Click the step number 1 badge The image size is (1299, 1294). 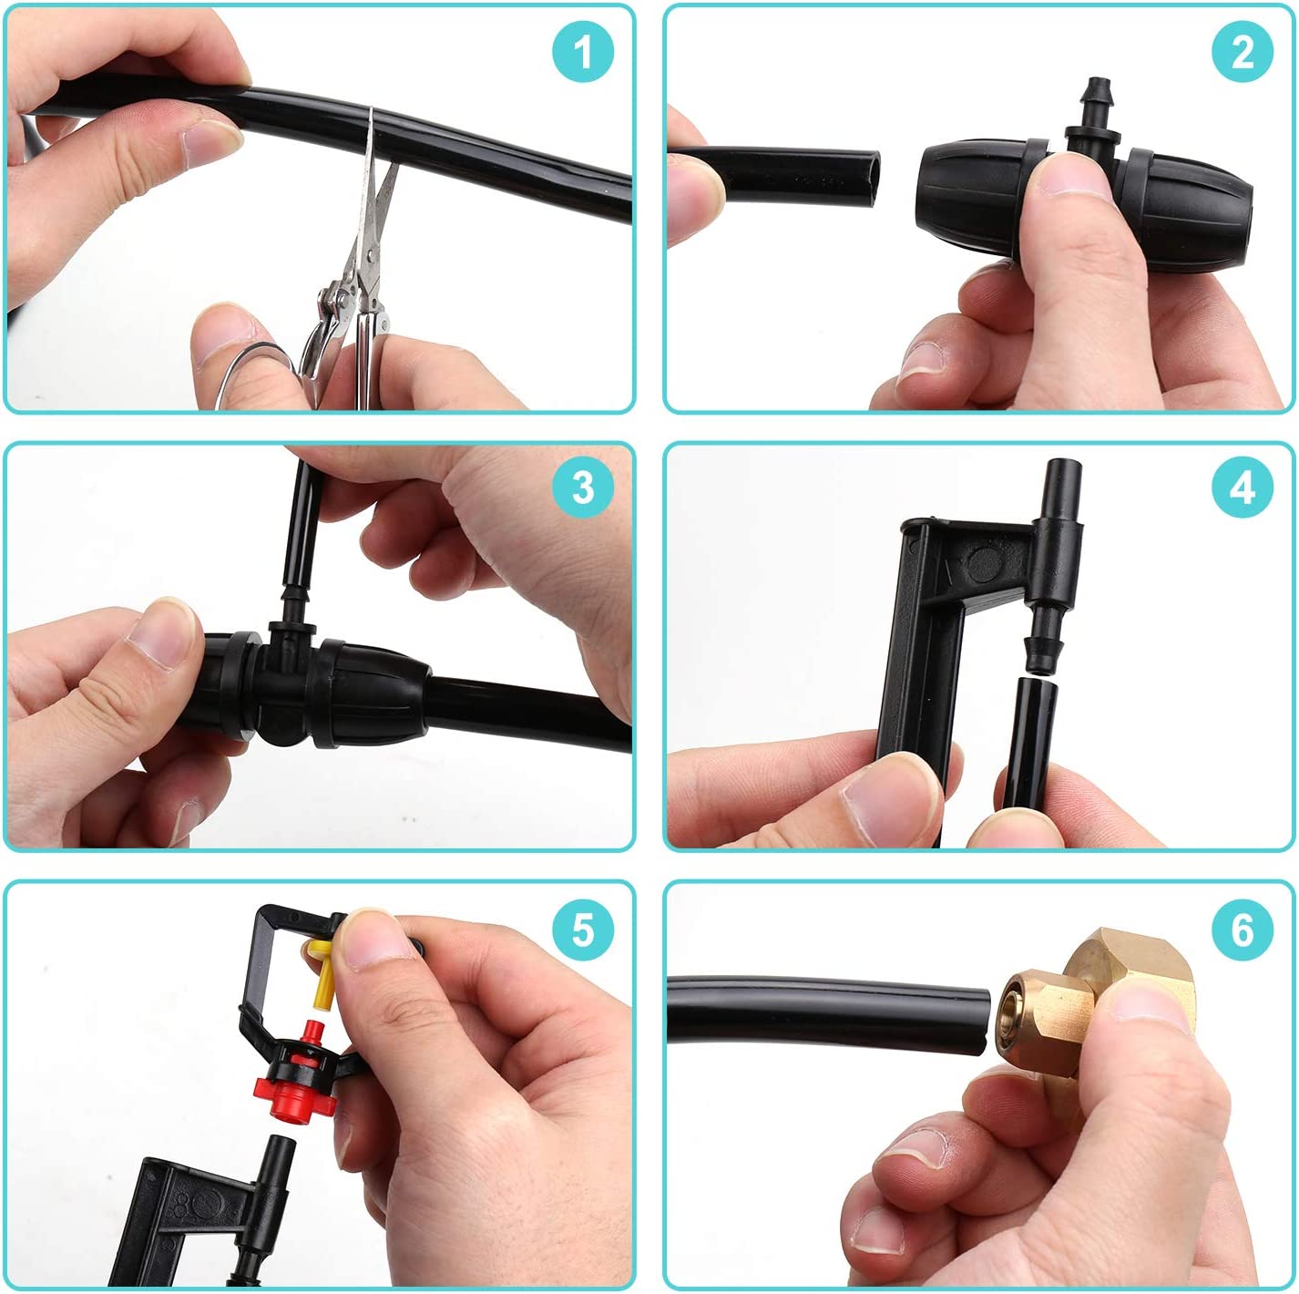click(583, 52)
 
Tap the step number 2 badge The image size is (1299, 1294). click(1243, 52)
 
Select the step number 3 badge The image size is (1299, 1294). click(583, 488)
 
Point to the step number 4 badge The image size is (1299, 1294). click(1243, 488)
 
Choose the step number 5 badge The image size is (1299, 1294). click(583, 929)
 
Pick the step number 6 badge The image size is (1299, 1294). click(1243, 929)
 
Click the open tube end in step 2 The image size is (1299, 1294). click(870, 179)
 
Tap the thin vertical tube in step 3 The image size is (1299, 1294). click(302, 526)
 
